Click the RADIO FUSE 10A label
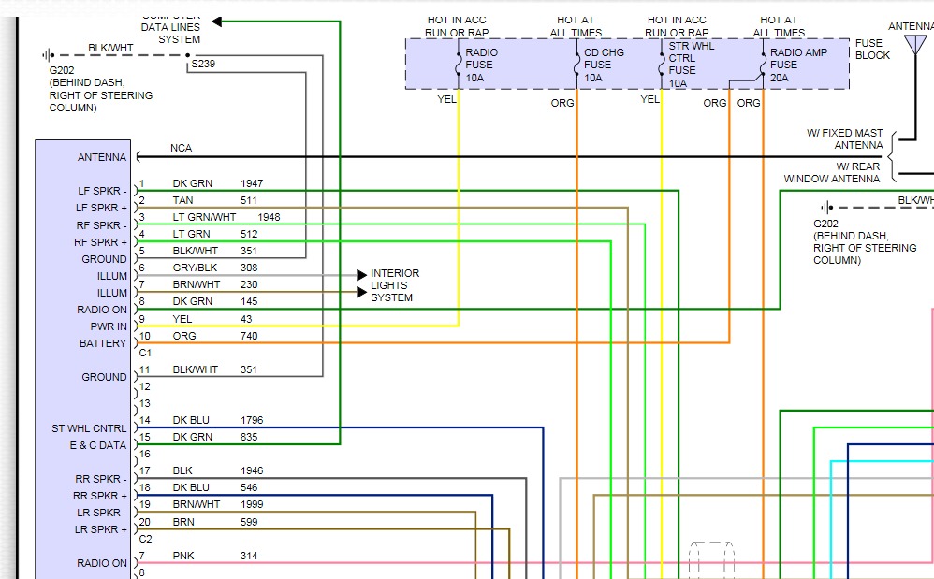pyautogui.click(x=482, y=65)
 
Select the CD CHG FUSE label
pyautogui.click(x=604, y=65)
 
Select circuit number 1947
pyautogui.click(x=253, y=183)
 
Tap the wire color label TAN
pyautogui.click(x=182, y=200)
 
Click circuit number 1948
pyautogui.click(x=270, y=217)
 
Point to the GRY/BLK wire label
pyautogui.click(x=196, y=268)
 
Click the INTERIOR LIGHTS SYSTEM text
pyautogui.click(x=395, y=285)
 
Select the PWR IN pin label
pyautogui.click(x=109, y=326)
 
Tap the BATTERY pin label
pyautogui.click(x=103, y=343)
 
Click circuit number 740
pyautogui.click(x=249, y=335)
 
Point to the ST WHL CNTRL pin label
pyautogui.click(x=89, y=428)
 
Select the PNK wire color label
pyautogui.click(x=182, y=556)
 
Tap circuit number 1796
pyautogui.click(x=253, y=420)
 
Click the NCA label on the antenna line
pyautogui.click(x=181, y=148)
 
